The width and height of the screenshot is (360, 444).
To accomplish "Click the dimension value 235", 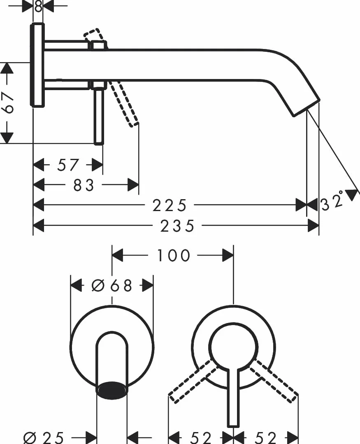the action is (177, 226).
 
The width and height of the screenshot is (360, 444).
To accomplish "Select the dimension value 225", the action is (170, 205).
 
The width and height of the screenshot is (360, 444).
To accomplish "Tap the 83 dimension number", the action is (84, 186).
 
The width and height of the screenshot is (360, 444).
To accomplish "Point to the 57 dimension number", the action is (67, 165).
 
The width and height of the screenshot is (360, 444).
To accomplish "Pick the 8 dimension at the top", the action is (38, 6).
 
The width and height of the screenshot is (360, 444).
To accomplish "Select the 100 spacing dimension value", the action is (173, 256).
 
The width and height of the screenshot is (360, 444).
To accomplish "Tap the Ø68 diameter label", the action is (112, 286).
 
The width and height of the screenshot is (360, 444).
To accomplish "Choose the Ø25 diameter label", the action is (44, 438).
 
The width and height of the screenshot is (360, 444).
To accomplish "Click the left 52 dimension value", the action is (201, 438).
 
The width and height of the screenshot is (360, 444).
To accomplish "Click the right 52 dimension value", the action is (265, 438).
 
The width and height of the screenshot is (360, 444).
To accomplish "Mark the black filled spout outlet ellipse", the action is (112, 390).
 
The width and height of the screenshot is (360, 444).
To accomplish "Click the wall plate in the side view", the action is (37, 65).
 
